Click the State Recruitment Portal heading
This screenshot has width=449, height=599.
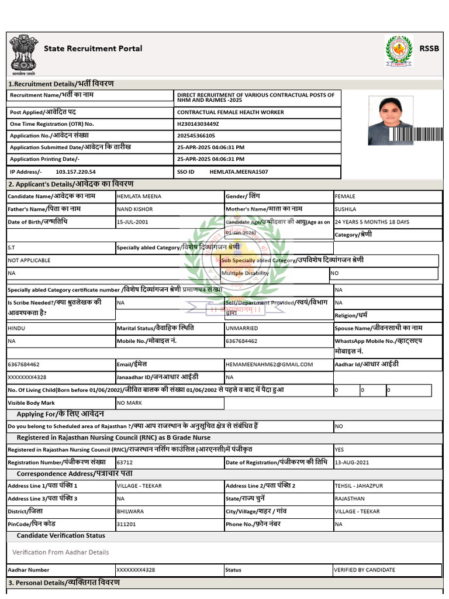(x=93, y=49)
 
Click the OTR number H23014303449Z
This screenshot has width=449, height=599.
(x=198, y=124)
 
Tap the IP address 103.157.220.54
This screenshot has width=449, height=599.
(x=75, y=172)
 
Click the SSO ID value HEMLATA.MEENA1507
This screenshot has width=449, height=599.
(x=239, y=172)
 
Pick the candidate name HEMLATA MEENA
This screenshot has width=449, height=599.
(x=139, y=197)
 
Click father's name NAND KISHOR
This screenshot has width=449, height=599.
(x=135, y=209)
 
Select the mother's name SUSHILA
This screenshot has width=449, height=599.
(x=345, y=209)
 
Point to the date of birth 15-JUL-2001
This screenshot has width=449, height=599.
(x=133, y=222)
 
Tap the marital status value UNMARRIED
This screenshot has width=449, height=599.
(x=242, y=329)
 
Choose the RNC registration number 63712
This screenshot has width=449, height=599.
(x=125, y=463)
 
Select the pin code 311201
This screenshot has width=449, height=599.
(x=126, y=525)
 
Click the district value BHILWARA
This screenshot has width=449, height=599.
(x=130, y=512)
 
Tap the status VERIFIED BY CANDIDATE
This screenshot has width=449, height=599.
(x=365, y=570)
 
